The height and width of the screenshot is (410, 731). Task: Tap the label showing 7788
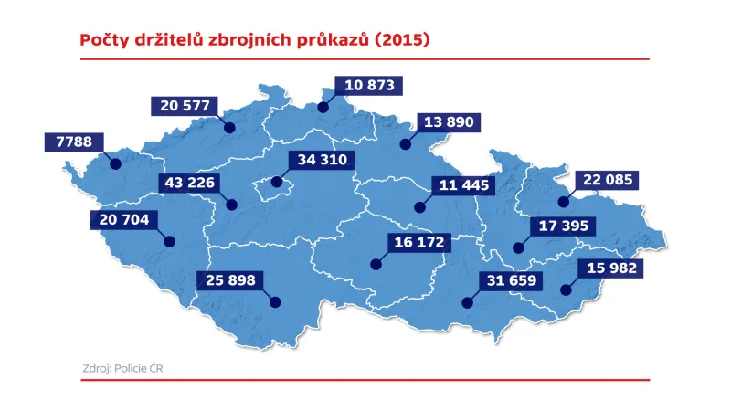pos(74,143)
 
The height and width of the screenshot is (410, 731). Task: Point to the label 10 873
pos(368,86)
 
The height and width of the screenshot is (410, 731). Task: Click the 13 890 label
pos(447,121)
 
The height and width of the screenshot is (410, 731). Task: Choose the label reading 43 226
pos(189,183)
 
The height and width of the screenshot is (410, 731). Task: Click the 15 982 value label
pos(609,268)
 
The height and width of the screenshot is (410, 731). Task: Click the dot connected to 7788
pos(114,164)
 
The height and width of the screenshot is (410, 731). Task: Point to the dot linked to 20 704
pos(169,241)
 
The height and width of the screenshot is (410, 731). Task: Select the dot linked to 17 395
pos(518,247)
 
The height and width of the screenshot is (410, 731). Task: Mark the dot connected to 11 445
pos(419,207)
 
